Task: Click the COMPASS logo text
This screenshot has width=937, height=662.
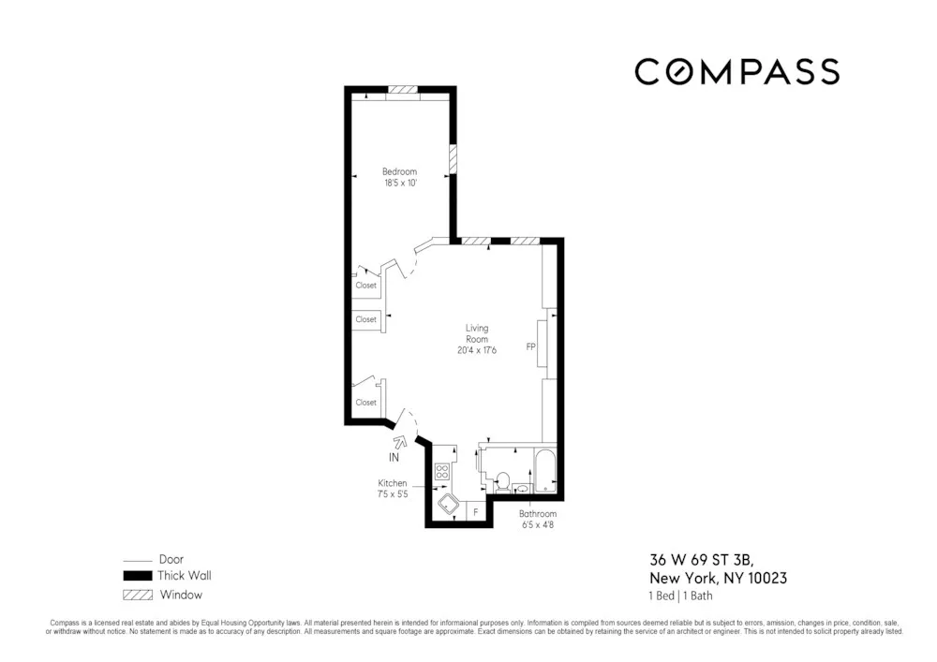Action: pyautogui.click(x=736, y=72)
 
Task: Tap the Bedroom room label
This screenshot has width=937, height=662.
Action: pyautogui.click(x=399, y=171)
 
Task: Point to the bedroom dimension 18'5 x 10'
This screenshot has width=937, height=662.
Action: pyautogui.click(x=399, y=183)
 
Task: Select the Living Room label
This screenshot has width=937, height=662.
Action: pyautogui.click(x=477, y=333)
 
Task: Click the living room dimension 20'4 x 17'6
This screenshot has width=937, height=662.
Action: pyautogui.click(x=477, y=350)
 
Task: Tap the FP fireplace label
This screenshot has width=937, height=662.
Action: pyautogui.click(x=530, y=346)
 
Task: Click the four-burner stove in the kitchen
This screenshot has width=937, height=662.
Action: pyautogui.click(x=442, y=471)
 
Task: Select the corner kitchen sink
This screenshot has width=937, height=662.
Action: pyautogui.click(x=448, y=507)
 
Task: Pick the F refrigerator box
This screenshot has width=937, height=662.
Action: pyautogui.click(x=476, y=512)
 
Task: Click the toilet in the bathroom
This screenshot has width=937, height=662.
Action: pyautogui.click(x=501, y=482)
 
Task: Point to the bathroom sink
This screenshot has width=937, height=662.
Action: pyautogui.click(x=522, y=488)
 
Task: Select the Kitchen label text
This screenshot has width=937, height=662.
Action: pyautogui.click(x=393, y=483)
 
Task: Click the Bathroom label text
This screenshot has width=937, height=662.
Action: pyautogui.click(x=538, y=514)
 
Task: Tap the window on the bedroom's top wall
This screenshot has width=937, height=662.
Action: pyautogui.click(x=404, y=90)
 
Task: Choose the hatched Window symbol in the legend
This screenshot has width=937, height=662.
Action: pyautogui.click(x=138, y=595)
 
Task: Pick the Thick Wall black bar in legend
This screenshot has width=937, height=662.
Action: pyautogui.click(x=138, y=576)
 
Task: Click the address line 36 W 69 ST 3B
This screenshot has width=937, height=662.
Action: pyautogui.click(x=706, y=561)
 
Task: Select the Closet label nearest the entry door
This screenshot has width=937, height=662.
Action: pyautogui.click(x=365, y=403)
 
